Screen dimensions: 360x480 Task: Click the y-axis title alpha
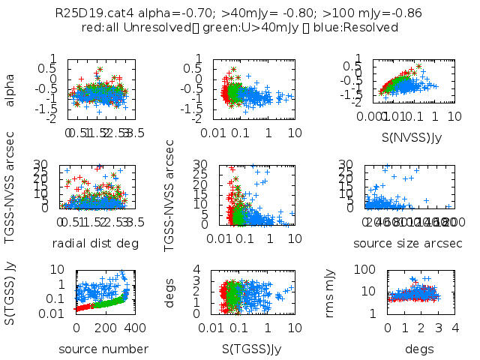10,88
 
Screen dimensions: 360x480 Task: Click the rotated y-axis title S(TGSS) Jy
10,291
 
